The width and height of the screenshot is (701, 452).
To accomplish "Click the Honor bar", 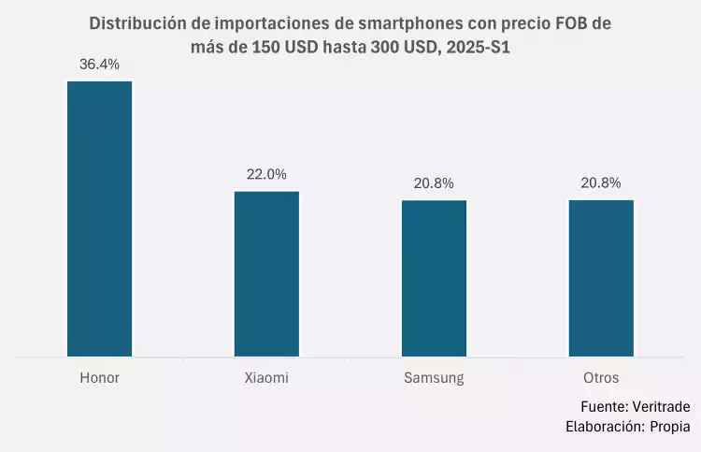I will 99,219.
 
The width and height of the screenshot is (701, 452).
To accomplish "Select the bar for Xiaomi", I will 266,273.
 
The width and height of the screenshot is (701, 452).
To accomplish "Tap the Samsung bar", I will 434,278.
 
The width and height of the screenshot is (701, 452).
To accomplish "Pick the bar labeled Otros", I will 601,278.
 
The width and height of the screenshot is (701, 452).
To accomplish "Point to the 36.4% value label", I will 99,64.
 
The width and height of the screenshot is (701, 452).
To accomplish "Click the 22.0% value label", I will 266,174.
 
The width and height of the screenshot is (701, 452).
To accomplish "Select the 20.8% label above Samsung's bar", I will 434,182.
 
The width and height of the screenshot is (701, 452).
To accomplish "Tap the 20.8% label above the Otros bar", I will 601,182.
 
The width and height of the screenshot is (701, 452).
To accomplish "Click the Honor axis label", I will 99,378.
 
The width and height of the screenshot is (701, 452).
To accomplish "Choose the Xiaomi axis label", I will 266,378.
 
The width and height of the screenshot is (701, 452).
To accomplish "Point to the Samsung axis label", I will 434,378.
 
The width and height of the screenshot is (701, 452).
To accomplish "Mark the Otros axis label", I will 601,378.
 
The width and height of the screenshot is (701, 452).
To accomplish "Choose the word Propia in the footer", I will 670,427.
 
